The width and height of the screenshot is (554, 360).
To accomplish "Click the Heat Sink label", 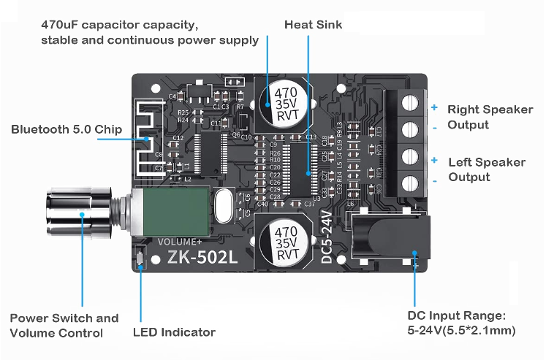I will click(313, 25).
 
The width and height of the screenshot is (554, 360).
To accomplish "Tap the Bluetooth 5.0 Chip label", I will click(67, 129).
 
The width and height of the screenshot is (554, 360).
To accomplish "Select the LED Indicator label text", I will click(174, 332).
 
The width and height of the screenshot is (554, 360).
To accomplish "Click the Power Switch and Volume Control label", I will click(64, 326).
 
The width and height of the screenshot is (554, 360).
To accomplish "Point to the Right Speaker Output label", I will click(490, 117).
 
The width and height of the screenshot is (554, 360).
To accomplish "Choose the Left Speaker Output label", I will click(486, 169).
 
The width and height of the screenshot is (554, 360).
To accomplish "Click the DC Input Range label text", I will click(460, 323).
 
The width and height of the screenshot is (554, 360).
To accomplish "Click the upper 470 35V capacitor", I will click(285, 104).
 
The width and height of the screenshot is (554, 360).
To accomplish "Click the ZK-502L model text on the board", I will click(202, 258).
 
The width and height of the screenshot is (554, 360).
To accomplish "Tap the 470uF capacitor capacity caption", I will click(150, 32).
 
